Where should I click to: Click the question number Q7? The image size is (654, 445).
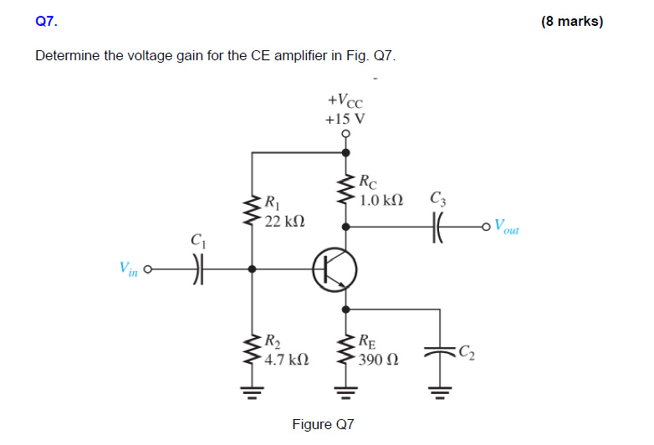tap(47, 22)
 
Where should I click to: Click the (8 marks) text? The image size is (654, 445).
tap(571, 22)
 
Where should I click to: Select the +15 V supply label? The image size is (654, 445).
tap(345, 118)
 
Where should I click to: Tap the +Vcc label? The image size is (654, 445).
tap(345, 101)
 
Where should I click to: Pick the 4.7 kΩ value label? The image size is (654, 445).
tap(284, 361)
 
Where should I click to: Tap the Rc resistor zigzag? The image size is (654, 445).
tap(345, 191)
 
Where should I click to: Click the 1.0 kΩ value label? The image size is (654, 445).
tap(381, 201)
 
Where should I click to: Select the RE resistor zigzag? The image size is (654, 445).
tap(345, 351)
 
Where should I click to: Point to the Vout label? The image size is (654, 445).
tap(506, 227)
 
